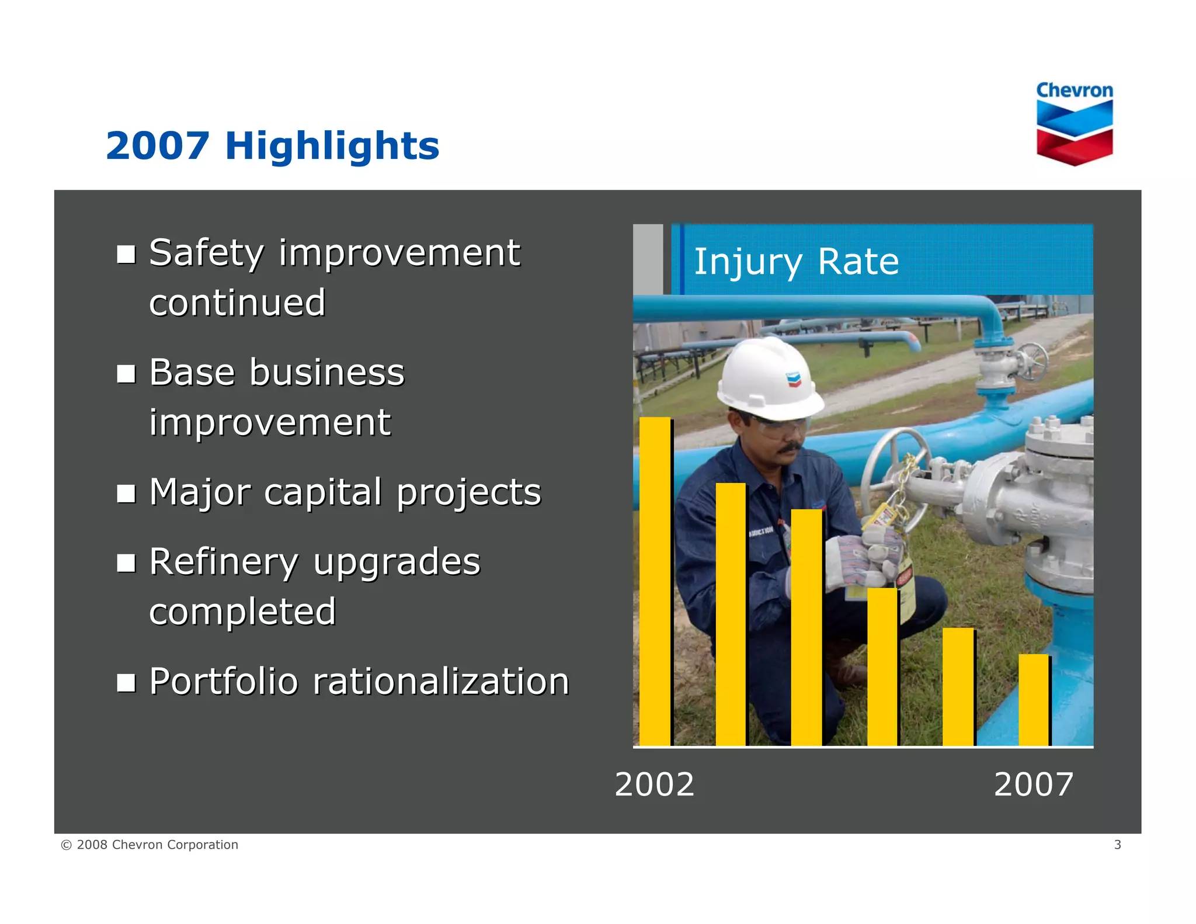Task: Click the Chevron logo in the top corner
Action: click(1074, 123)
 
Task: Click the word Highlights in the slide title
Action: click(332, 145)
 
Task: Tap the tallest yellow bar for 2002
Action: click(655, 581)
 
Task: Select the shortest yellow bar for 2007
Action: click(1033, 700)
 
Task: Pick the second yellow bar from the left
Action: click(731, 613)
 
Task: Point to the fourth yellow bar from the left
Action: click(882, 666)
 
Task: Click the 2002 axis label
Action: click(654, 784)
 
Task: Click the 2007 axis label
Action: click(1033, 784)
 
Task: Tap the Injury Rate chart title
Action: click(796, 261)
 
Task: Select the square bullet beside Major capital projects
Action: click(126, 493)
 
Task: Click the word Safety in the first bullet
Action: click(206, 253)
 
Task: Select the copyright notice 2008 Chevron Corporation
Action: click(149, 845)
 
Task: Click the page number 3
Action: click(1117, 845)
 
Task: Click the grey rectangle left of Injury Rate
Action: click(648, 259)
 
